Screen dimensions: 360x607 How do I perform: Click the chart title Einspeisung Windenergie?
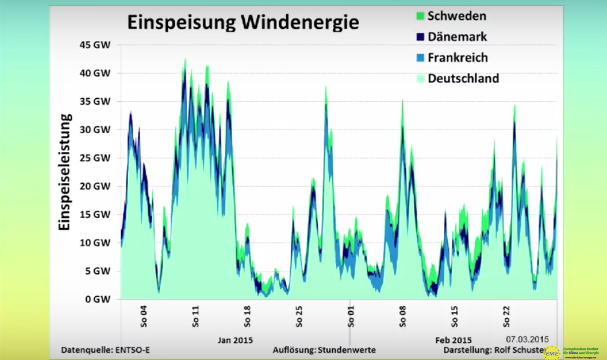pyautogui.click(x=243, y=23)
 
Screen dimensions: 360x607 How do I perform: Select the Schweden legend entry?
pyautogui.click(x=457, y=16)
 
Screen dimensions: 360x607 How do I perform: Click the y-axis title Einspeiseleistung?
pyautogui.click(x=64, y=172)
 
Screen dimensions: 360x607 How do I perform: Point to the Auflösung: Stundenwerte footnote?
pyautogui.click(x=324, y=350)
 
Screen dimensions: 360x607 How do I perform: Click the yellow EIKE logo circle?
pyautogui.click(x=552, y=352)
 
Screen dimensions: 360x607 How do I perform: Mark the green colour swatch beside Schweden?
pyautogui.click(x=420, y=16)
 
